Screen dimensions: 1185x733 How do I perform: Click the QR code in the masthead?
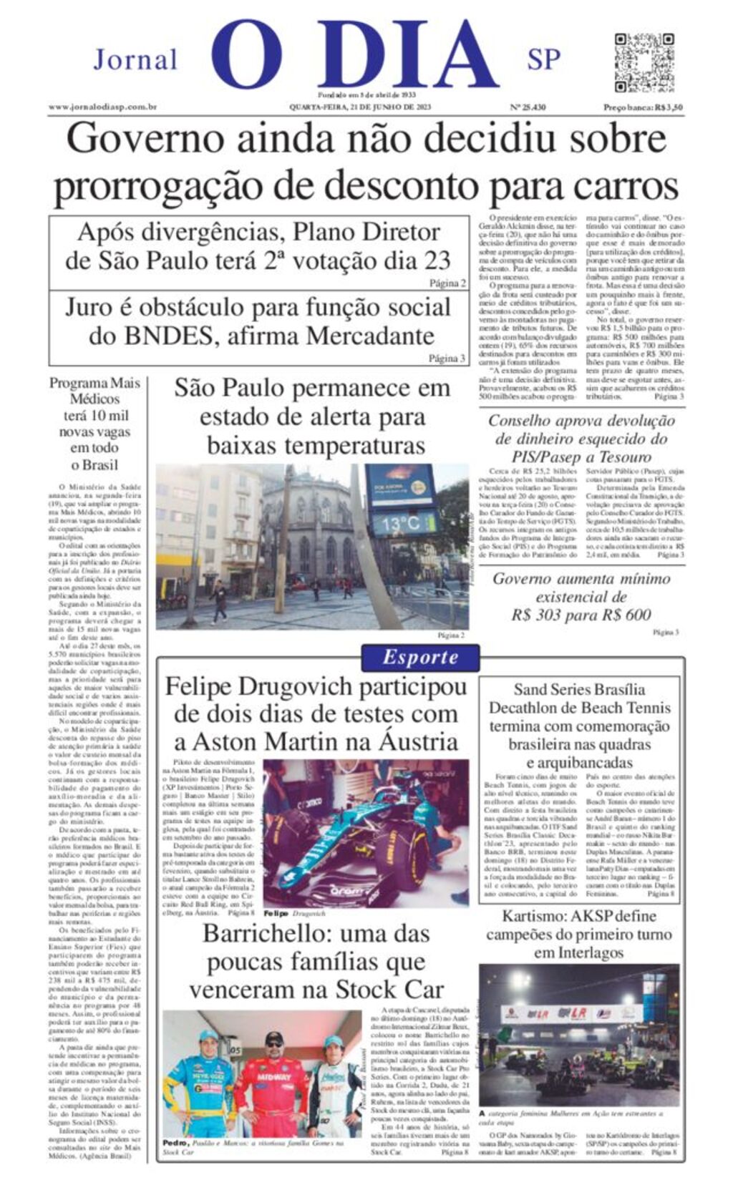coord(644,62)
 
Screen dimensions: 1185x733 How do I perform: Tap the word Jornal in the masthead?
coord(135,59)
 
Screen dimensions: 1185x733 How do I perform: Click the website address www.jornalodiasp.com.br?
coord(103,107)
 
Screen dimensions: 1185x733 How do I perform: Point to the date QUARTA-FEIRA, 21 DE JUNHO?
coord(359,107)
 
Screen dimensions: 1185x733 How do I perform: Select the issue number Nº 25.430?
coord(528,107)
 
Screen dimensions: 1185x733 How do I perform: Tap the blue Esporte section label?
coord(419,657)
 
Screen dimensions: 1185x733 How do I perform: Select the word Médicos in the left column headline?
coord(94,399)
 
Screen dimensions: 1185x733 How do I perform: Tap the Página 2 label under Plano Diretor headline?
coord(447,283)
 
